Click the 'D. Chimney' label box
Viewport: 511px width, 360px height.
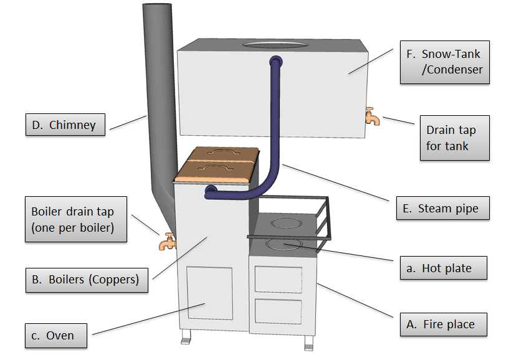[65, 125]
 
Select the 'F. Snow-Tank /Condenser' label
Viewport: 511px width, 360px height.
[444, 62]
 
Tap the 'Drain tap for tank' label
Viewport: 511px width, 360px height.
[454, 138]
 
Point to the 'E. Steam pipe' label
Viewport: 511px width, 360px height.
[442, 208]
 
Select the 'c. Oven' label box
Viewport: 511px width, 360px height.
[55, 336]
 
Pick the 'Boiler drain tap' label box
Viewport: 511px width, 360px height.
[75, 219]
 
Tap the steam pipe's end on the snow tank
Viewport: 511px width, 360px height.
[275, 62]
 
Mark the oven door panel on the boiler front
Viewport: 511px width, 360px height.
[209, 298]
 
